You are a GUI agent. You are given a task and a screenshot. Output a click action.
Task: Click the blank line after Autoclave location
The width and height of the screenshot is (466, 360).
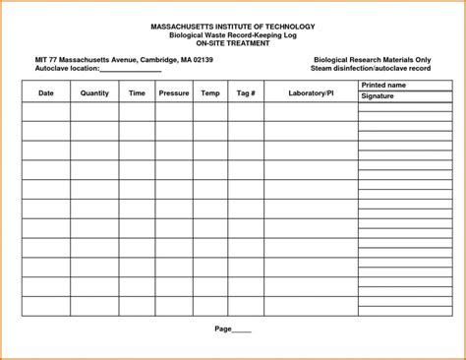[132, 70]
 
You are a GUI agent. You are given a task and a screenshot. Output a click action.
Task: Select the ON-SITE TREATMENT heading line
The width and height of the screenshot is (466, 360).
[233, 42]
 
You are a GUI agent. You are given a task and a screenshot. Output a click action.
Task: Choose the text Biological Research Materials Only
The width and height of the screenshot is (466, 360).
[371, 60]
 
